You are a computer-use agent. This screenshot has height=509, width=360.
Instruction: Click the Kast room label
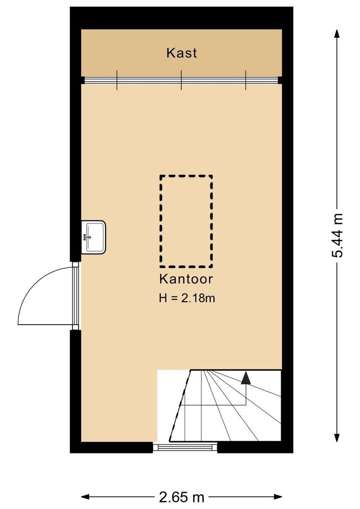[181, 53]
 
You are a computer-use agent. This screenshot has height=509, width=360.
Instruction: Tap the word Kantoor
[186, 279]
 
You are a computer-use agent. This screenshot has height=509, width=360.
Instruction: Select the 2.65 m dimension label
[182, 497]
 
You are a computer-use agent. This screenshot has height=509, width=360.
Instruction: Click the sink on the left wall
[94, 237]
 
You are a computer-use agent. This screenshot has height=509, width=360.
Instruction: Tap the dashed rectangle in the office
[186, 221]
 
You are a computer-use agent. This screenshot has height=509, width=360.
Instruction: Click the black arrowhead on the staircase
[245, 378]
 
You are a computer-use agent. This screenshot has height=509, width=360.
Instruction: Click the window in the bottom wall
[185, 447]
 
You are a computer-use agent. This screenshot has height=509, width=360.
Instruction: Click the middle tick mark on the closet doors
[181, 80]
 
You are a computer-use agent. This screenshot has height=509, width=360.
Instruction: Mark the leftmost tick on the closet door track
[117, 80]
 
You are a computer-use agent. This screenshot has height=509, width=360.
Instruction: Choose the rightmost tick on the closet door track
[245, 80]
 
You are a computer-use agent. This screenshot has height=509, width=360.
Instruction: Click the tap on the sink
[86, 237]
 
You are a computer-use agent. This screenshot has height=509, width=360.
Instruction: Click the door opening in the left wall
[75, 296]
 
